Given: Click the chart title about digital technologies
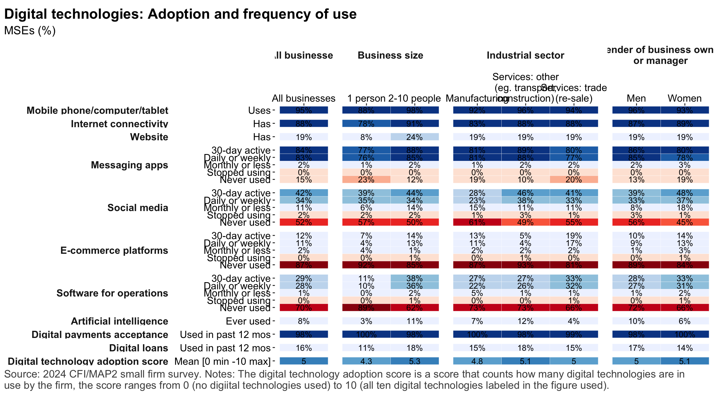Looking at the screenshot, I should pyautogui.click(x=180, y=14).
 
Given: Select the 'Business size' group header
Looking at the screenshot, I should pyautogui.click(x=390, y=55).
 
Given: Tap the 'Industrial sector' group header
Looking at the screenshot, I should pyautogui.click(x=525, y=55).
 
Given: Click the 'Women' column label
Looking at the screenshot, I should pyautogui.click(x=684, y=99).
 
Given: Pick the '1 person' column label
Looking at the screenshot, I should pyautogui.click(x=366, y=99).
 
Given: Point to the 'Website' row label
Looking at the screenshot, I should pyautogui.click(x=149, y=137).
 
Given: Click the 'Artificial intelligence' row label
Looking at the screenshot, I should pyautogui.click(x=119, y=321).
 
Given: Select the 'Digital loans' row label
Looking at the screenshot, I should pyautogui.click(x=138, y=348).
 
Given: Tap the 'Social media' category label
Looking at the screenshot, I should pyautogui.click(x=137, y=208).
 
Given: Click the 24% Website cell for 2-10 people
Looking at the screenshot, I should pyautogui.click(x=414, y=137).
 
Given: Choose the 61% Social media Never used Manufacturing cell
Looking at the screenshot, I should pyautogui.click(x=477, y=222).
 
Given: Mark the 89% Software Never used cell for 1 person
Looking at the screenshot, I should pyautogui.click(x=366, y=308).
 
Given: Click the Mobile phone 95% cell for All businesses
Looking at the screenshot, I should pyautogui.click(x=304, y=110).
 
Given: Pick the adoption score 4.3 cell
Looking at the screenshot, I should pyautogui.click(x=366, y=361).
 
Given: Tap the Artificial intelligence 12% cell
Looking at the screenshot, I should pyautogui.click(x=525, y=321).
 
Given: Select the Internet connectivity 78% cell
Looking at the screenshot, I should pyautogui.click(x=366, y=123).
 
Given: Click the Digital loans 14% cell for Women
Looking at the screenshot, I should pyautogui.click(x=684, y=348).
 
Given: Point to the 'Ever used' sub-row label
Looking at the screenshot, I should pyautogui.click(x=248, y=321).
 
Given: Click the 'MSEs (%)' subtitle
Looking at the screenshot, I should pyautogui.click(x=30, y=31).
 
